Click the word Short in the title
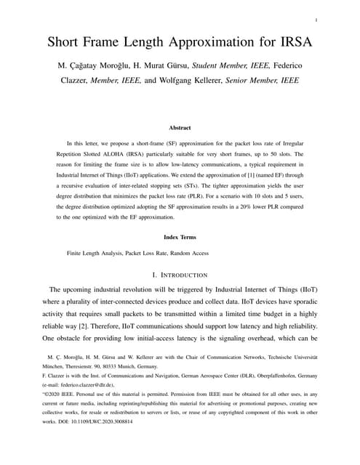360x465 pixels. click(x=66, y=41)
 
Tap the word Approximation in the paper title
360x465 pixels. click(x=217, y=41)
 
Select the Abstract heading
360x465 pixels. click(x=180, y=127)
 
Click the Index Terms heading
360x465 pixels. click(x=180, y=237)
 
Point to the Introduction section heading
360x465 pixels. click(x=180, y=275)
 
